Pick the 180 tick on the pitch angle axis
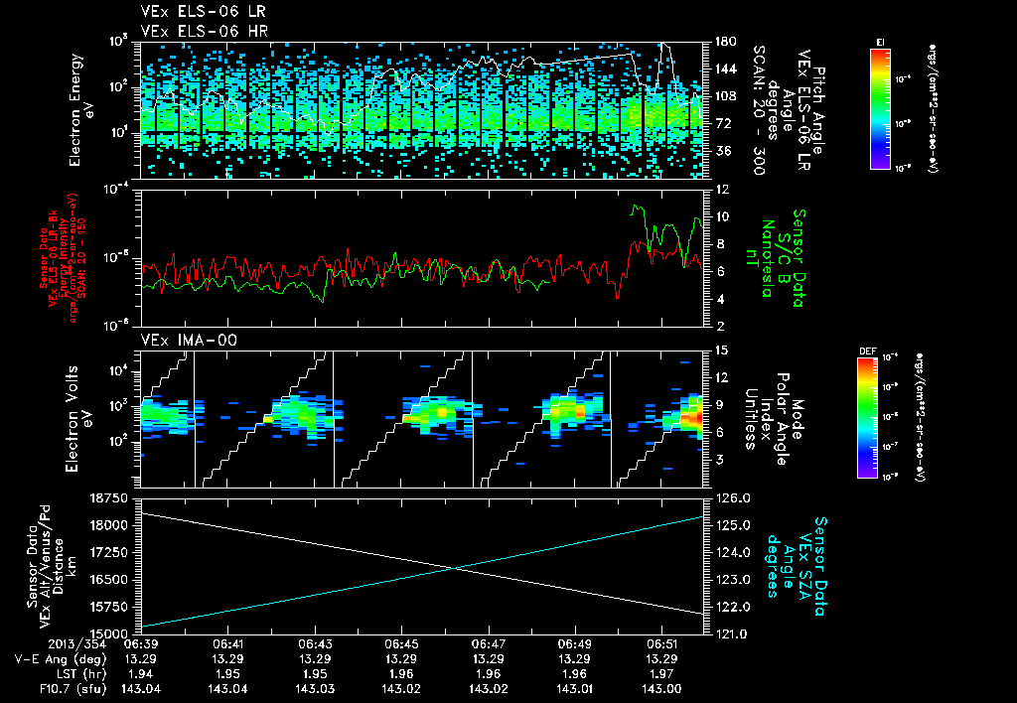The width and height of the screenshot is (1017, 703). (723, 42)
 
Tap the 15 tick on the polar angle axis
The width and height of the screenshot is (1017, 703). (719, 350)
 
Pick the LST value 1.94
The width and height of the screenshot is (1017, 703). (141, 673)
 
